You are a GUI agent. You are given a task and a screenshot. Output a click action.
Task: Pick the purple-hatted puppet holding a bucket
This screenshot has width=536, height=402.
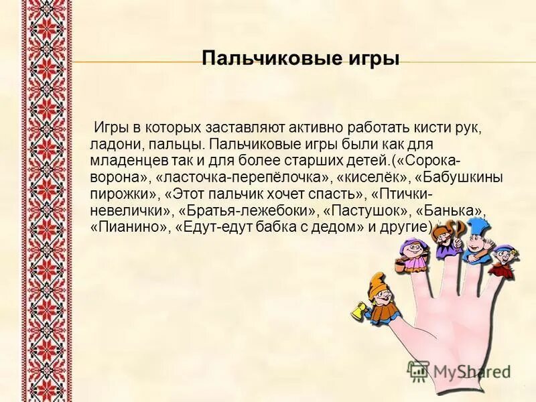411,255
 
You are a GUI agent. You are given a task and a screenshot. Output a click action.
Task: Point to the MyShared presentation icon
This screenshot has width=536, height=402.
419,371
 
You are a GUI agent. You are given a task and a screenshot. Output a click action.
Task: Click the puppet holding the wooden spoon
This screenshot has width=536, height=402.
445,237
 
